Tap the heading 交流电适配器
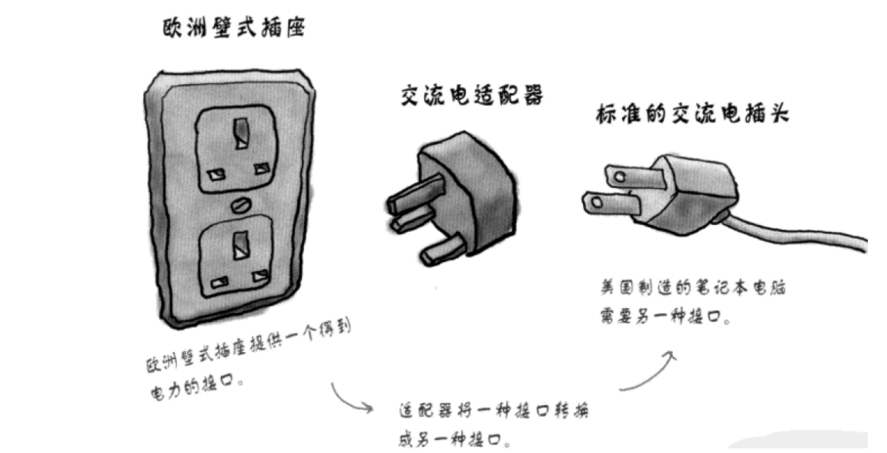click(473, 96)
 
